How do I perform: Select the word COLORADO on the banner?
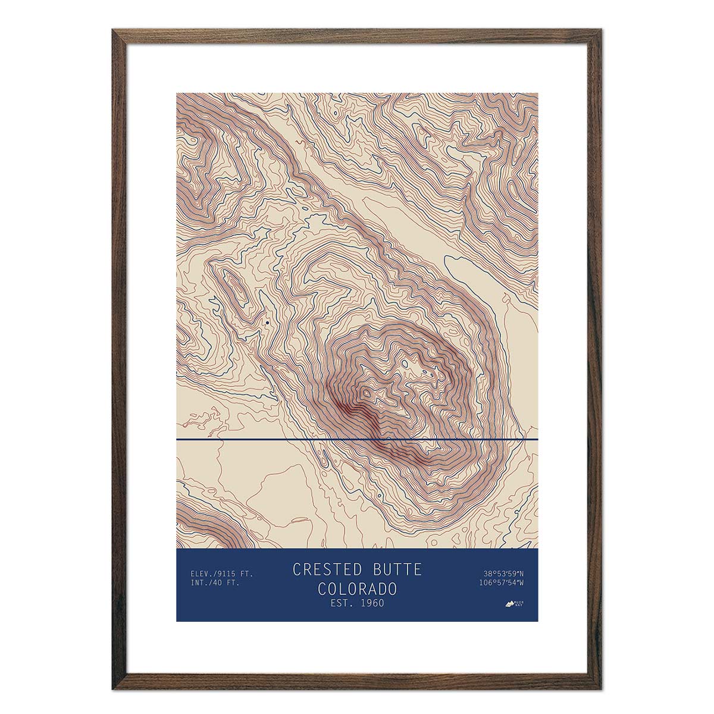click(357, 589)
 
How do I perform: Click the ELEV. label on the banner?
click(201, 574)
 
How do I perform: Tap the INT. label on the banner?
click(199, 583)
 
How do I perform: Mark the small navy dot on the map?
click(268, 322)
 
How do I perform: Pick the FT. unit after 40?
click(233, 583)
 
